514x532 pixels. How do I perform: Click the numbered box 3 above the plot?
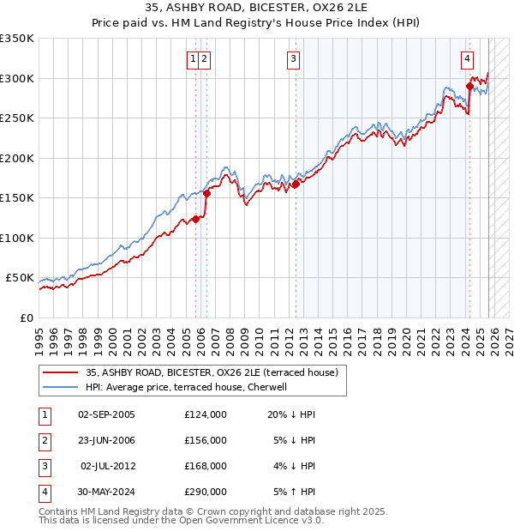pyautogui.click(x=293, y=59)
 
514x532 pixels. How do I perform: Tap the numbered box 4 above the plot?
pyautogui.click(x=467, y=59)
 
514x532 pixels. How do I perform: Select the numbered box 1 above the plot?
pyautogui.click(x=194, y=59)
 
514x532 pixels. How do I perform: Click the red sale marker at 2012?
pyautogui.click(x=296, y=184)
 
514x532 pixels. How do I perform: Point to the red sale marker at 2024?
pyautogui.click(x=469, y=86)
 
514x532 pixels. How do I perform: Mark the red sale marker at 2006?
pyautogui.click(x=207, y=193)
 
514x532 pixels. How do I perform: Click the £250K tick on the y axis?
pyautogui.click(x=17, y=118)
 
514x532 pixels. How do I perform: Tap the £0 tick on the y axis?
pyautogui.click(x=27, y=318)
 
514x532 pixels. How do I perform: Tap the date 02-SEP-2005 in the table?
pyautogui.click(x=106, y=414)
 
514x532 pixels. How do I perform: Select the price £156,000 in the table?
pyautogui.click(x=206, y=440)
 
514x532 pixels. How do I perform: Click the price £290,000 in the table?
pyautogui.click(x=206, y=492)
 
